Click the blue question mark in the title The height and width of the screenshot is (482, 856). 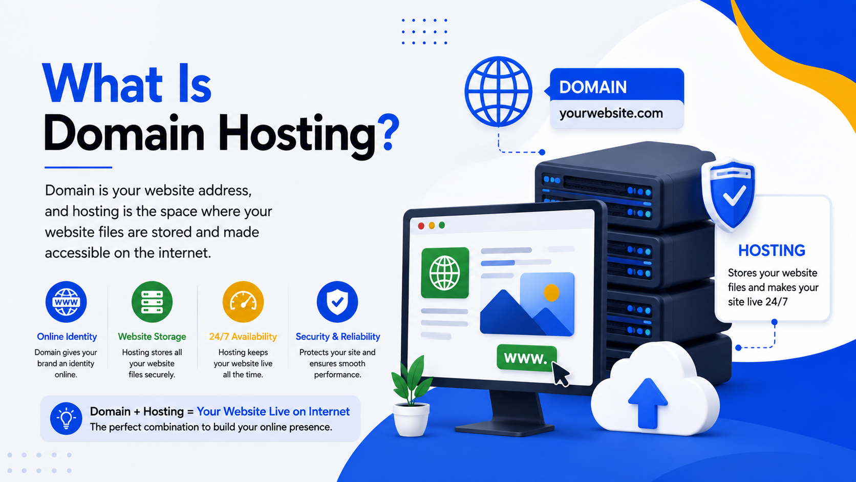click(388, 132)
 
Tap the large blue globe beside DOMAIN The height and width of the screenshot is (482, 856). click(498, 92)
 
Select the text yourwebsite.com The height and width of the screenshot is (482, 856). click(611, 114)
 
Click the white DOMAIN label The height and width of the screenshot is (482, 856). click(593, 87)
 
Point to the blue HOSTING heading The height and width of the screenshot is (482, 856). click(772, 251)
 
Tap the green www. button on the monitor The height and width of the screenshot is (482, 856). click(526, 358)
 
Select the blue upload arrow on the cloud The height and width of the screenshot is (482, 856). click(648, 403)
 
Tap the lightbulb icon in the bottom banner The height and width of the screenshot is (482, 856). click(66, 418)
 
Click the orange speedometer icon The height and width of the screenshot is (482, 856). click(243, 302)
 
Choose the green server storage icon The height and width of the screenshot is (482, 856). click(152, 302)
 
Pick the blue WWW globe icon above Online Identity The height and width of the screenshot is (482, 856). click(66, 302)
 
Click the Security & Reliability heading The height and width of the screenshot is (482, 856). click(338, 337)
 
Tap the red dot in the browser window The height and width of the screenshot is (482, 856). click(421, 226)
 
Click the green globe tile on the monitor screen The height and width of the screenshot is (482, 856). click(445, 273)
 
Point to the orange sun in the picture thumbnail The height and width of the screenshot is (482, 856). click(551, 293)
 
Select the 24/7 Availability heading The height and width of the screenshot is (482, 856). click(243, 337)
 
